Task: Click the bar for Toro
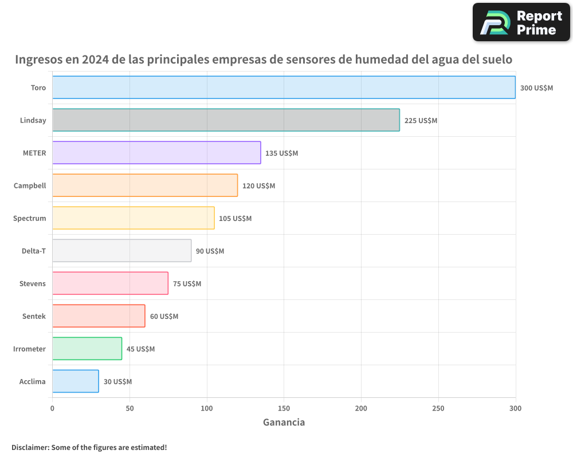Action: pos(284,88)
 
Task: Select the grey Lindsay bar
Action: pos(226,120)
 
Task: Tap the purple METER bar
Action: pos(156,153)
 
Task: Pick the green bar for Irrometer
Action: pos(87,349)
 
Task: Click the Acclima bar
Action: pos(76,381)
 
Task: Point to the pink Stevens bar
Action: pos(110,283)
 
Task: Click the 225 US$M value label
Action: pos(421,121)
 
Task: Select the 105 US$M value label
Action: pos(235,219)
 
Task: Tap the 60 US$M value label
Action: pos(164,317)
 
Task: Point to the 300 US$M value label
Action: pos(536,88)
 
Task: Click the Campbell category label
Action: pos(30,185)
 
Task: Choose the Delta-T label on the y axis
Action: pos(33,251)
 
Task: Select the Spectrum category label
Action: pos(30,218)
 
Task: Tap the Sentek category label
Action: pos(34,316)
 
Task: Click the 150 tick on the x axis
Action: pos(284,408)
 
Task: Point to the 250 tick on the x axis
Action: pos(438,408)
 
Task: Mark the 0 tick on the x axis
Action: pos(52,408)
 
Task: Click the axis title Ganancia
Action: pos(284,423)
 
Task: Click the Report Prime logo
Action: pos(521,22)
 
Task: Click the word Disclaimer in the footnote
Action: pos(30,447)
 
